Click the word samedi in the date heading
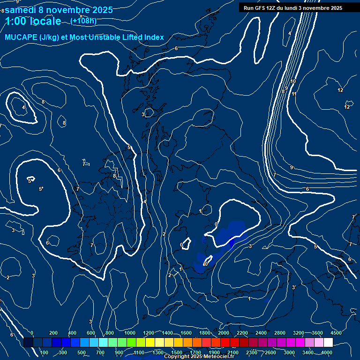(x=19, y=10)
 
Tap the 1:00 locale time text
(x=33, y=21)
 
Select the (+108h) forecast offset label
(x=83, y=21)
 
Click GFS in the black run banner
(x=261, y=8)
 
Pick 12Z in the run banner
(x=272, y=8)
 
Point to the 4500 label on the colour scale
(x=336, y=333)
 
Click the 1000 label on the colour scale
(x=130, y=333)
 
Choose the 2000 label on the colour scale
(x=224, y=333)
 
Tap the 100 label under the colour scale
(x=45, y=352)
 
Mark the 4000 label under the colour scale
(x=327, y=352)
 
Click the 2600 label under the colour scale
(x=270, y=352)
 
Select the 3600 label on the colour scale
(x=317, y=333)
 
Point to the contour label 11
(x=294, y=94)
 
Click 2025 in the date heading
(x=102, y=10)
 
